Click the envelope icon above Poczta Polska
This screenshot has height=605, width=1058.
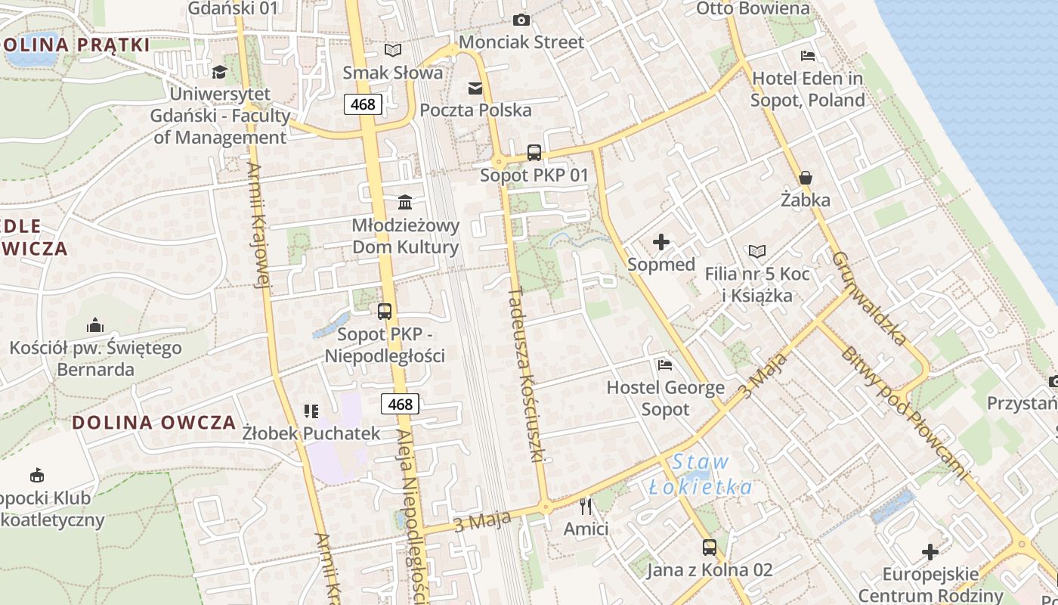(x=475, y=88)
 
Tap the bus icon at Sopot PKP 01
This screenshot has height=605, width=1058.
(x=534, y=153)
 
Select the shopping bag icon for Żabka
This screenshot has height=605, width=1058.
(x=806, y=178)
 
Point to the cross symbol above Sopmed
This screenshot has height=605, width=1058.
(x=661, y=242)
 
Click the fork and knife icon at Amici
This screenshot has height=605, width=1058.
(x=586, y=506)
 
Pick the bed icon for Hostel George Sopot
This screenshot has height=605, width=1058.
(x=665, y=365)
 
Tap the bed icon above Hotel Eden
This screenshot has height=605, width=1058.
(x=807, y=55)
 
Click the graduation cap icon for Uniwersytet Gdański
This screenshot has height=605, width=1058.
(x=219, y=72)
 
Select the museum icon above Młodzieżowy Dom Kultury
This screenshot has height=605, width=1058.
(x=405, y=203)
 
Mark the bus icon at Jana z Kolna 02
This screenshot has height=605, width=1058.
(x=709, y=547)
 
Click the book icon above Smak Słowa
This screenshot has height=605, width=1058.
(x=392, y=51)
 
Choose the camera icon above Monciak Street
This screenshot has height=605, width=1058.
(x=521, y=20)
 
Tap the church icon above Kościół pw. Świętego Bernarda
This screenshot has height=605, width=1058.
(x=95, y=325)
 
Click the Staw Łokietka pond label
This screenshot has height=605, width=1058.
(x=701, y=474)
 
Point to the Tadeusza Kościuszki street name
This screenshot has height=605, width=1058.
(x=527, y=374)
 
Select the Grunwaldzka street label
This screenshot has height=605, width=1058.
(x=869, y=298)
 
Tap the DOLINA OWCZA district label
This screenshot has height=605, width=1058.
(x=154, y=423)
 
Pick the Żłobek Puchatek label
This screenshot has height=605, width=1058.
(x=311, y=433)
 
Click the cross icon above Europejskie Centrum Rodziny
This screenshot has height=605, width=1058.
(x=930, y=551)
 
